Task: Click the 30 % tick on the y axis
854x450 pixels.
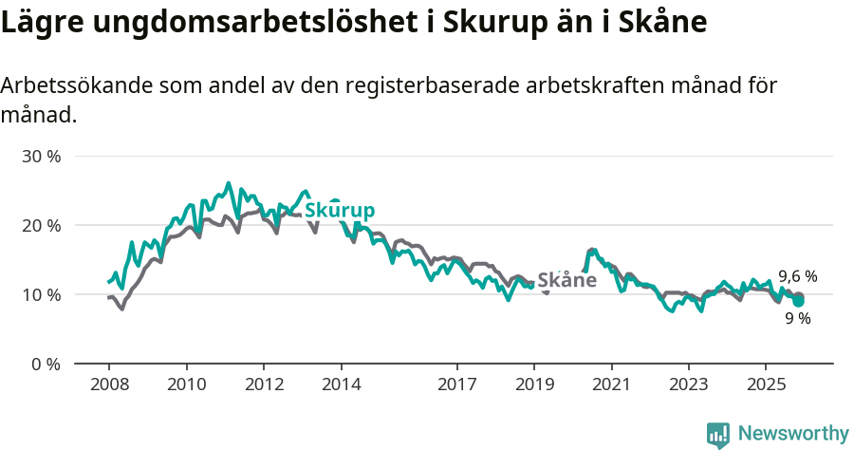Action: tap(40, 156)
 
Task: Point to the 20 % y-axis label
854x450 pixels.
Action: tap(40, 225)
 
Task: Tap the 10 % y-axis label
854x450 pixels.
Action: tap(40, 294)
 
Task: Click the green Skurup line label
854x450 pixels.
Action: tap(340, 211)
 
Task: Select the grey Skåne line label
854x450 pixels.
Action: tap(566, 280)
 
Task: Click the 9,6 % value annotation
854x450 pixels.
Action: tap(797, 276)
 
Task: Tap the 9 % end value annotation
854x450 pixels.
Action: tap(797, 319)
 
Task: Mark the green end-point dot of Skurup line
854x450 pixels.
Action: tap(799, 301)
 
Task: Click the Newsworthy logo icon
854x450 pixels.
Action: tap(718, 434)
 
